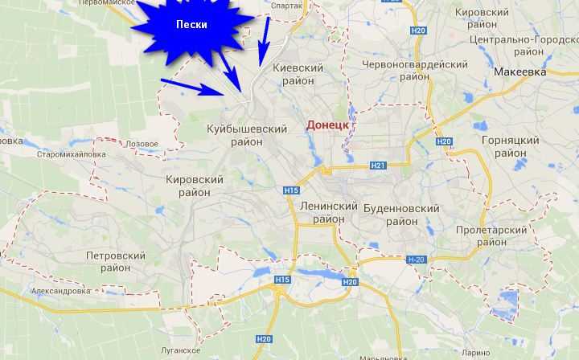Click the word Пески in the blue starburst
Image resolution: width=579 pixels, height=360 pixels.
191,25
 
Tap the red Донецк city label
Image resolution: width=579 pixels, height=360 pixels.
327,125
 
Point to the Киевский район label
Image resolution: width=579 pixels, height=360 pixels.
298,75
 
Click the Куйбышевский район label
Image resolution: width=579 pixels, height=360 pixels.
247,135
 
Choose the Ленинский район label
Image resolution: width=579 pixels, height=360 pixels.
327,213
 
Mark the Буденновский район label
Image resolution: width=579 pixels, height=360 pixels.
401,215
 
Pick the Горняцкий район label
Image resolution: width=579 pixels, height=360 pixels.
509,146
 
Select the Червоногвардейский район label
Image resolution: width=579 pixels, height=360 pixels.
415,71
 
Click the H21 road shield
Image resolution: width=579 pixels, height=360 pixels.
379,166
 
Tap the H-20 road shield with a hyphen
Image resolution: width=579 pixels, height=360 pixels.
415,260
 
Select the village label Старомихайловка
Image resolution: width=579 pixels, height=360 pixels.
71,154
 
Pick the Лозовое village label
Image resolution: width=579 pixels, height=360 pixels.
142,143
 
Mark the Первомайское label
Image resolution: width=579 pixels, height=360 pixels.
106,3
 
